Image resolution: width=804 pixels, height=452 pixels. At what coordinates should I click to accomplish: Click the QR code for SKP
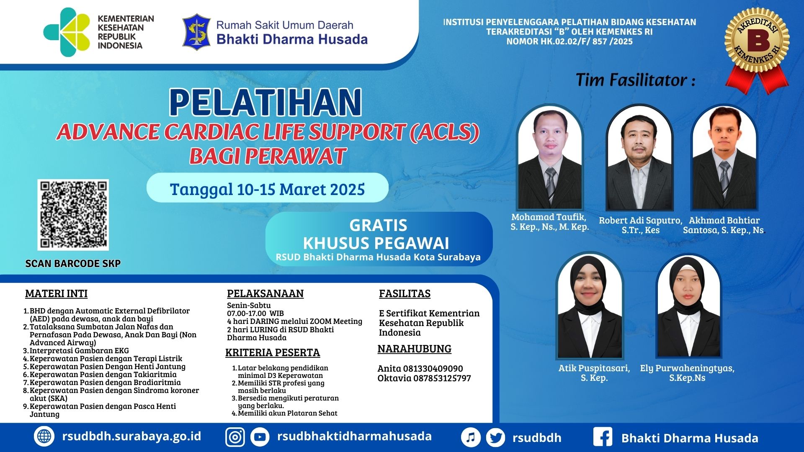73,215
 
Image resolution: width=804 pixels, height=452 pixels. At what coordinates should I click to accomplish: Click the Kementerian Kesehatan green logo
67,32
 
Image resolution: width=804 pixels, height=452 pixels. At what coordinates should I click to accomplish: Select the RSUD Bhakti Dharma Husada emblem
196,32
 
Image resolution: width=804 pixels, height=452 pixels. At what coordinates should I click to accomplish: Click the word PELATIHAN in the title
265,103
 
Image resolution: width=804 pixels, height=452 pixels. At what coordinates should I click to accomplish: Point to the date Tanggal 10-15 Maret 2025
267,189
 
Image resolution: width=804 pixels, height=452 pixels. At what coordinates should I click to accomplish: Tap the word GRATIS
378,225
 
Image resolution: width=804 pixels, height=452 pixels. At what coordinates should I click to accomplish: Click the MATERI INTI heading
57,294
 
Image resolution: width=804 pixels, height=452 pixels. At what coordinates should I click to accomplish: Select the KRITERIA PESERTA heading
273,353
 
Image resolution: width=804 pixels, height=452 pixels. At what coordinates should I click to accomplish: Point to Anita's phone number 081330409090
433,369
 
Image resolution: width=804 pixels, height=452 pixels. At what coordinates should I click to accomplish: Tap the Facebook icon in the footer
603,437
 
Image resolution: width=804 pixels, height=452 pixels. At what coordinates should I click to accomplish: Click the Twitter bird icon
496,438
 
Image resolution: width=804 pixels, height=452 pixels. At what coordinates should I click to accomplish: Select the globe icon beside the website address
44,437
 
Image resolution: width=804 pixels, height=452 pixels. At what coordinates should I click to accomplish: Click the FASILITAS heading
405,294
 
